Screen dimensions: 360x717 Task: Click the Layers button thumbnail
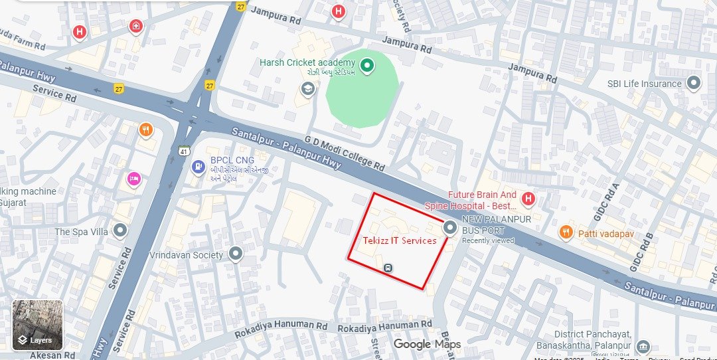click(x=38, y=325)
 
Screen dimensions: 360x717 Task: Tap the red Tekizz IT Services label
click(x=400, y=240)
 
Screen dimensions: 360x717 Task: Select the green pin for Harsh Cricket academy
click(x=366, y=65)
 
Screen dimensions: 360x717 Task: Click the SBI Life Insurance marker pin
click(x=694, y=84)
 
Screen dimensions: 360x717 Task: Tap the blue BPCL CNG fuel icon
click(x=197, y=167)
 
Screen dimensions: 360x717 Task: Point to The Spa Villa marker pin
click(x=120, y=230)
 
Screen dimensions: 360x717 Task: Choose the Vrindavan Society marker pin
click(x=236, y=254)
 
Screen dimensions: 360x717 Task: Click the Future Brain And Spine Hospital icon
click(x=528, y=198)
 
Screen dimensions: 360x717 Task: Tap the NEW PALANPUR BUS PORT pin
click(x=450, y=228)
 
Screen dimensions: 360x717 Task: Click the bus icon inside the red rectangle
click(x=388, y=268)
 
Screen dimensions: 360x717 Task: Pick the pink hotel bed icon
click(x=134, y=179)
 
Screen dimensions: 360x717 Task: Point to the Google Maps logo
click(x=427, y=344)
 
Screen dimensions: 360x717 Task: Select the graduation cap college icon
click(x=307, y=88)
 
